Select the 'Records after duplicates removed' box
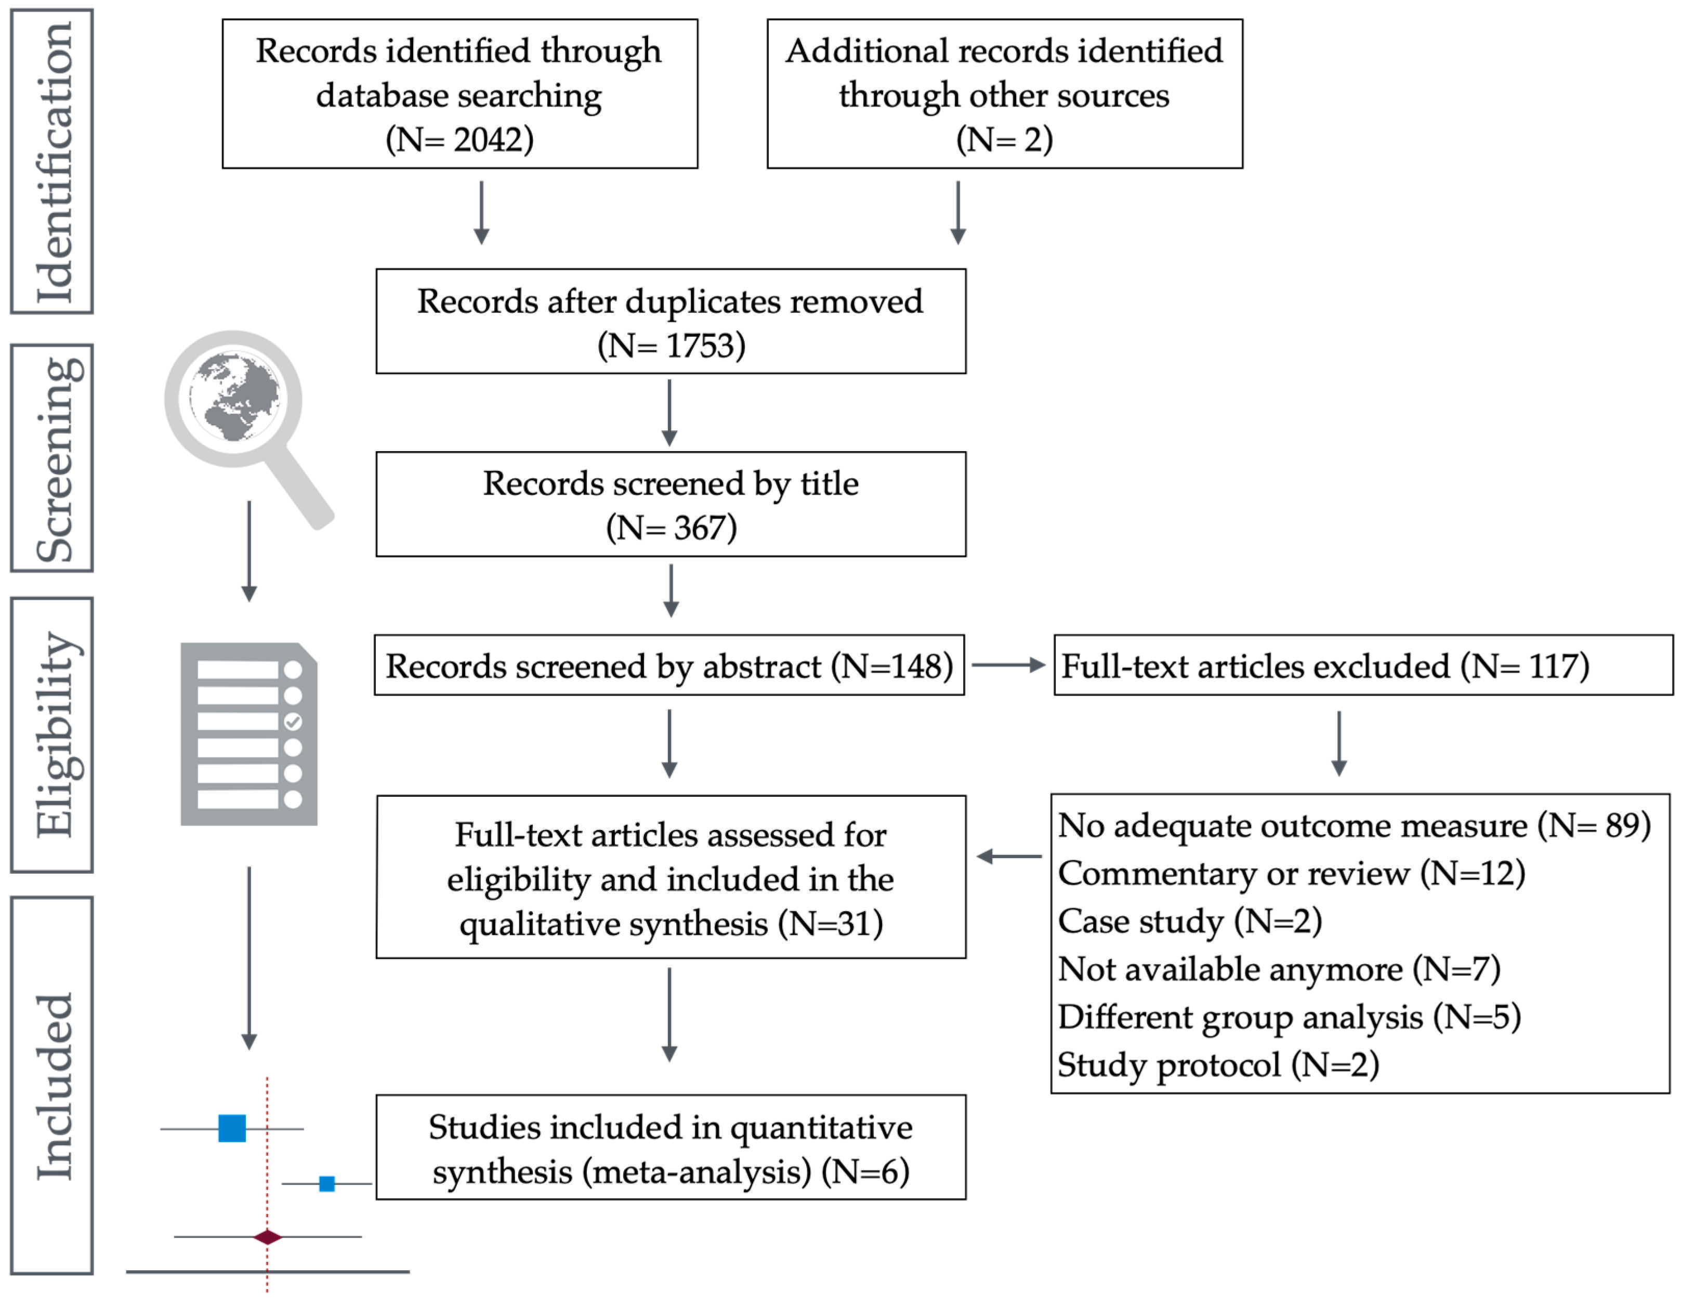point(671,321)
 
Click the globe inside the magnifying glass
point(234,398)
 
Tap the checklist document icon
point(249,734)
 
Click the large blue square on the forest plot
point(232,1128)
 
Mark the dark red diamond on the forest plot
point(267,1237)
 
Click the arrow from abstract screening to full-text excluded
point(1008,665)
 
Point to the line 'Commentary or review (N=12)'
point(1292,874)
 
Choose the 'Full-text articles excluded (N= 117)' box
point(1363,665)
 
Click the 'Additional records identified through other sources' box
point(1005,94)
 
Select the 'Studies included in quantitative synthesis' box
point(671,1147)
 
